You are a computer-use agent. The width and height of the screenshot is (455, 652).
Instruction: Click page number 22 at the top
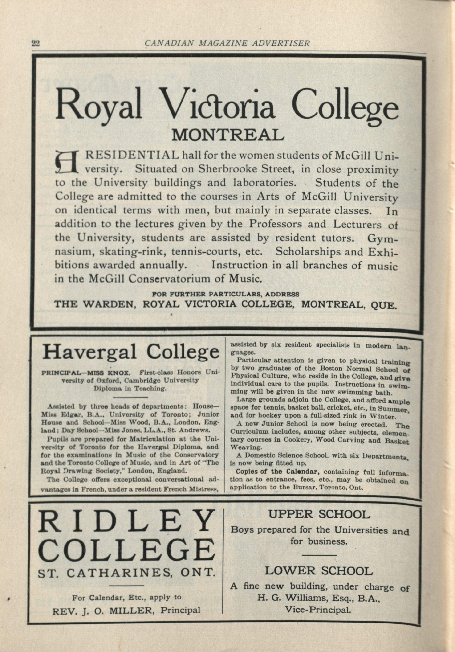tap(36, 43)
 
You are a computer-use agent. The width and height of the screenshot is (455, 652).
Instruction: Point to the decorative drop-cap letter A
tap(66, 163)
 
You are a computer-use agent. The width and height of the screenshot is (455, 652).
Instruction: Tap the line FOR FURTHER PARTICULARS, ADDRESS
tap(226, 294)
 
